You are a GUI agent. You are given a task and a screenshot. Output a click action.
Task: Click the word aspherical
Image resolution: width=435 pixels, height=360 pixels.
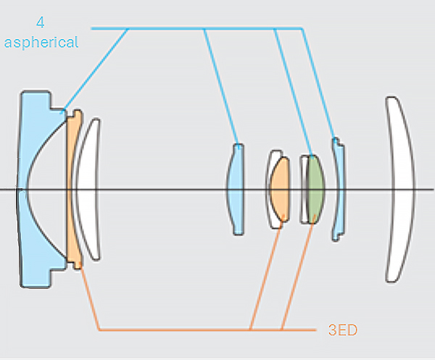point(41,43)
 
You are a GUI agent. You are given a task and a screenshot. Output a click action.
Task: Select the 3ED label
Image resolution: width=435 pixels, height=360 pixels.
point(342,331)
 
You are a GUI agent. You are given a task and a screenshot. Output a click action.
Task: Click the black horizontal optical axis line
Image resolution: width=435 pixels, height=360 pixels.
point(181,190)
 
